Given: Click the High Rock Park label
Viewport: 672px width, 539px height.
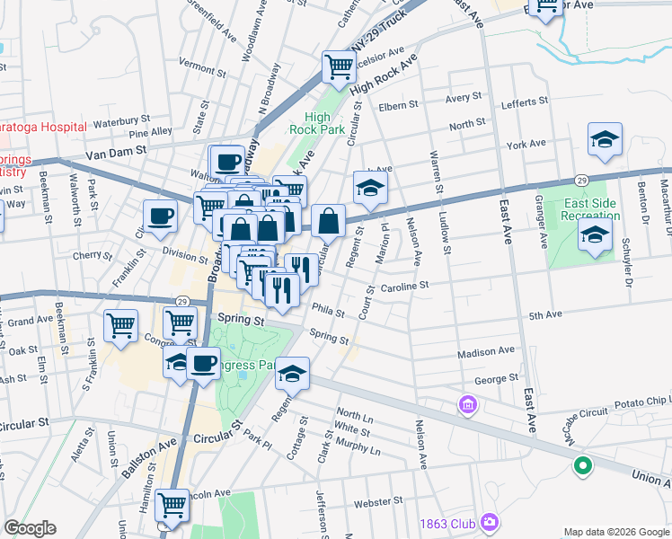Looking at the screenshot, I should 317,123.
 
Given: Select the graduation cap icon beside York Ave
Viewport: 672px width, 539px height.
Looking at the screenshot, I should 605,138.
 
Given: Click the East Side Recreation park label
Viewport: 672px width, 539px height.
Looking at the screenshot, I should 590,209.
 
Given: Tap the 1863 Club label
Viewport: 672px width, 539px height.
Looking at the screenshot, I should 450,523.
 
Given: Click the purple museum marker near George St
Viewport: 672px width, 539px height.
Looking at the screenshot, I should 467,405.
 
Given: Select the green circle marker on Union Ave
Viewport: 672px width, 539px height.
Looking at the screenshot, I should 582,466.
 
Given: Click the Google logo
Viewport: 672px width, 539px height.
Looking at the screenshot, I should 30,528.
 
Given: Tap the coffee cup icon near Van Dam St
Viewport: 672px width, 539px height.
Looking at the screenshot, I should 227,162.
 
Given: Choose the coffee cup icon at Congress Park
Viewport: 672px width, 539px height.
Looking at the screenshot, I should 204,364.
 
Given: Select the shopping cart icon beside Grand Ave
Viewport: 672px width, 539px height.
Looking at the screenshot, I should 120,326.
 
